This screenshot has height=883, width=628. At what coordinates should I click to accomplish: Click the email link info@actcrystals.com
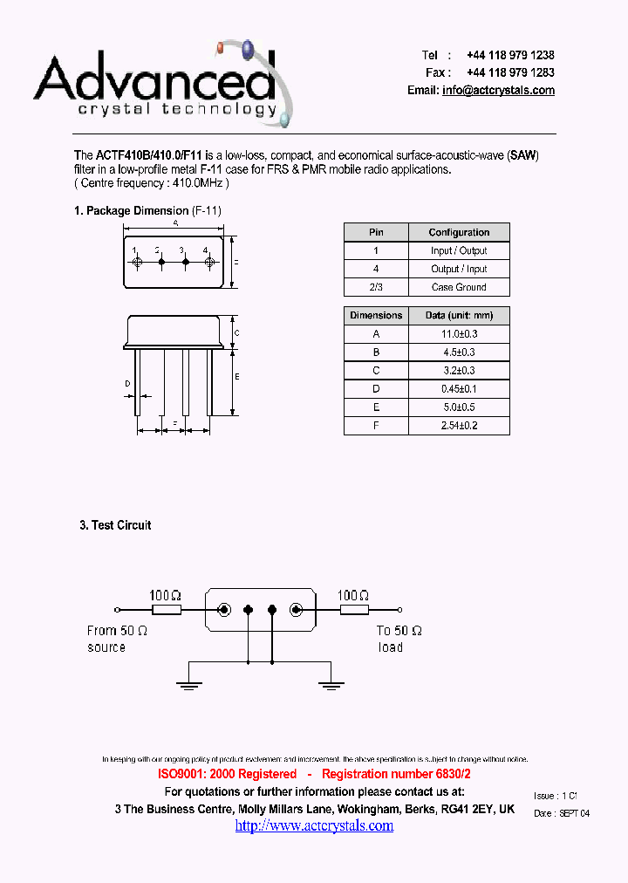click(x=498, y=91)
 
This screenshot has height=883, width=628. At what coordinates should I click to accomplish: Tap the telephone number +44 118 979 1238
click(x=510, y=55)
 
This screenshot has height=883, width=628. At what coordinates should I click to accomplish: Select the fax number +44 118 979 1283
click(x=510, y=72)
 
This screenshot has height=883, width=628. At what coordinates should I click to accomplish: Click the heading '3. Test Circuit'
click(x=115, y=525)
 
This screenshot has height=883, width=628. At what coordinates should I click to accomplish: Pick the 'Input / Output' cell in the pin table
click(x=459, y=250)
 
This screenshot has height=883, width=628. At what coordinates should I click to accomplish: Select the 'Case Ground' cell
click(x=459, y=287)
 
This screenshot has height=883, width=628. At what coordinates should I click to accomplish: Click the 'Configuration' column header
click(x=459, y=232)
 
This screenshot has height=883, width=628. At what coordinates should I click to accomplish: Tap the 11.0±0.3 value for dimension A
click(x=459, y=334)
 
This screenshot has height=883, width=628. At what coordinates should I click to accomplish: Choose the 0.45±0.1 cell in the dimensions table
click(x=459, y=389)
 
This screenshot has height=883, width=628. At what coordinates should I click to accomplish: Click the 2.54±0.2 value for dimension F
click(x=459, y=426)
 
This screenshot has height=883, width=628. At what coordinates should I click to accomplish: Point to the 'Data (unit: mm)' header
click(x=459, y=315)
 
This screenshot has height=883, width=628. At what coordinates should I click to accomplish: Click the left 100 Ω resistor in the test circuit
click(x=166, y=611)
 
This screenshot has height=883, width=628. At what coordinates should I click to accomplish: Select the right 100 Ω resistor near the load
click(x=354, y=611)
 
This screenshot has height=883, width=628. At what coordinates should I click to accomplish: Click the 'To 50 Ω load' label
click(x=399, y=639)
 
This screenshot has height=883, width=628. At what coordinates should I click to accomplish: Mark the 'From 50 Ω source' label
click(x=118, y=639)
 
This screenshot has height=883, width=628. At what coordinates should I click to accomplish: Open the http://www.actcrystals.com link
click(x=314, y=825)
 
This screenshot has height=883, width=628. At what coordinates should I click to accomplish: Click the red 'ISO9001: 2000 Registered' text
click(x=227, y=774)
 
